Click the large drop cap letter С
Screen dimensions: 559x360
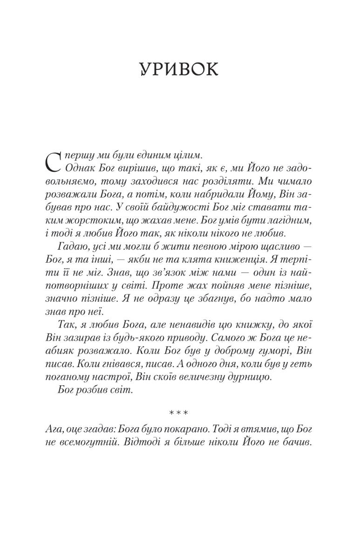54,161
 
